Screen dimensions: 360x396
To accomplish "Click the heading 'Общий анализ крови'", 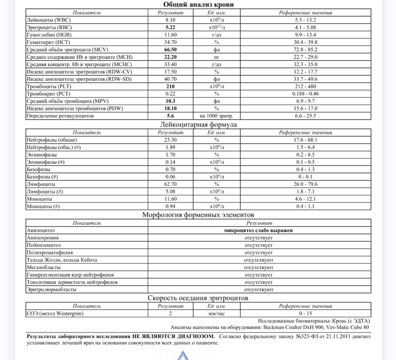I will (198, 4).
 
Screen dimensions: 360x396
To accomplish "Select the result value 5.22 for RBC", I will (170, 27).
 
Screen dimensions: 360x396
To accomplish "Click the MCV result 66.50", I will (170, 50).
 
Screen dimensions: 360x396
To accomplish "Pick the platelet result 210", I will (170, 86).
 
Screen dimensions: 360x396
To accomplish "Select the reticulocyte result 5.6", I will (170, 116).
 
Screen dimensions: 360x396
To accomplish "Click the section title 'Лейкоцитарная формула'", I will (198, 125).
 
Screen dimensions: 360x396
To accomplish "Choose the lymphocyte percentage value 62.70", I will (170, 184).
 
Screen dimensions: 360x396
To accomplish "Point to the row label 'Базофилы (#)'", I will (42, 177).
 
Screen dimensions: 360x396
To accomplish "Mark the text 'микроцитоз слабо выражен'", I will (259, 230).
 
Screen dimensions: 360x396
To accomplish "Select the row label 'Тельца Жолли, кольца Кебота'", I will (61, 260).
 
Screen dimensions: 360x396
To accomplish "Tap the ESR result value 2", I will (170, 314).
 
